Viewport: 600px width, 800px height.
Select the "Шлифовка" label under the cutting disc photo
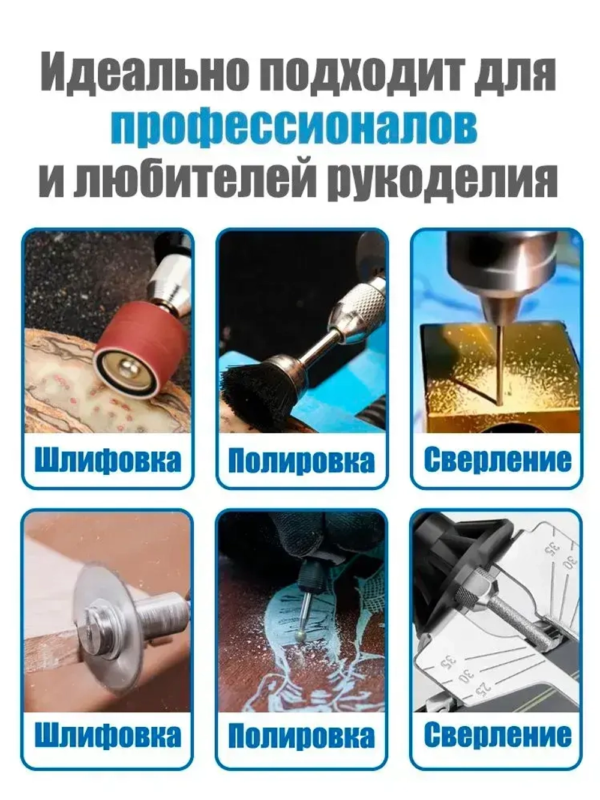107,736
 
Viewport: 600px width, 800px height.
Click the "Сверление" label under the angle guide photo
497,736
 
